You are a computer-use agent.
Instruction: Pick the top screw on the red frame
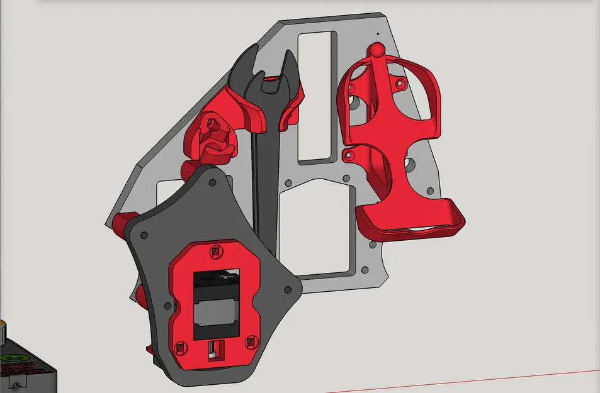[216, 252]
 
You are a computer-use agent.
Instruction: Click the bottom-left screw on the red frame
[181, 347]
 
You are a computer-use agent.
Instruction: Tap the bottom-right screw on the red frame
[251, 341]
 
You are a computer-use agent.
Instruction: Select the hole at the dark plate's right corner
[286, 290]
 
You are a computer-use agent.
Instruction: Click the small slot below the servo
[215, 349]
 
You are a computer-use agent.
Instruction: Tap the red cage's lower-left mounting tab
[348, 154]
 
